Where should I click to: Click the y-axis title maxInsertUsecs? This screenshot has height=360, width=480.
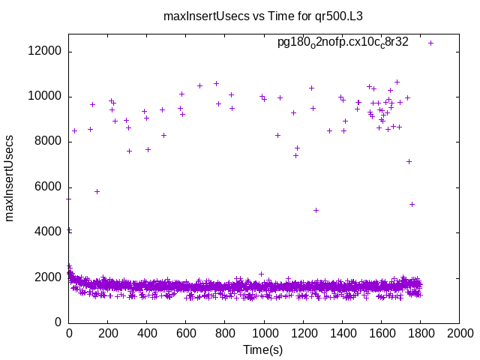point(10,178)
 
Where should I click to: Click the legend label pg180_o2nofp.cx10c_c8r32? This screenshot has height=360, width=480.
point(343,42)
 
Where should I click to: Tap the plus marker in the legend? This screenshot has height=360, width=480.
point(431,43)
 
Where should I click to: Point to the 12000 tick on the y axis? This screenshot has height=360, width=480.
point(46,52)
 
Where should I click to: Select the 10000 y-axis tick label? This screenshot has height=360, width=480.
point(46,97)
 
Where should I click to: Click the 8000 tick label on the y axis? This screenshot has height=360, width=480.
point(49,142)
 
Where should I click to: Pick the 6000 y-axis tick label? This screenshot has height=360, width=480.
point(49,187)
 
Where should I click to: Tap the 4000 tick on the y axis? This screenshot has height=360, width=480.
point(49,232)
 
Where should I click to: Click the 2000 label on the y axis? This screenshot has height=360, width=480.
point(49,277)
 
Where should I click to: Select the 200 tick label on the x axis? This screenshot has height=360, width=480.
point(108,333)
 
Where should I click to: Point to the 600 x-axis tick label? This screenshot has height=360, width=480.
point(186,333)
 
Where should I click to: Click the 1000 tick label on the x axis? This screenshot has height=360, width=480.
point(264,333)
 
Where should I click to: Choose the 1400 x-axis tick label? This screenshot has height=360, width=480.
point(342,333)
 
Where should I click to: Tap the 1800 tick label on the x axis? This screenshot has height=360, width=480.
point(420,333)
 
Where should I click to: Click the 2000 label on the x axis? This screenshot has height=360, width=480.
point(459,333)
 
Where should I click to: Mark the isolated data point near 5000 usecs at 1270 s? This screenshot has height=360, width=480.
point(316,210)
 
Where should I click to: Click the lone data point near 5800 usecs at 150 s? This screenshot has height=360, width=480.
point(97,191)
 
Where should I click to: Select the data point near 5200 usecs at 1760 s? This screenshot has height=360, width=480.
point(412,204)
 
